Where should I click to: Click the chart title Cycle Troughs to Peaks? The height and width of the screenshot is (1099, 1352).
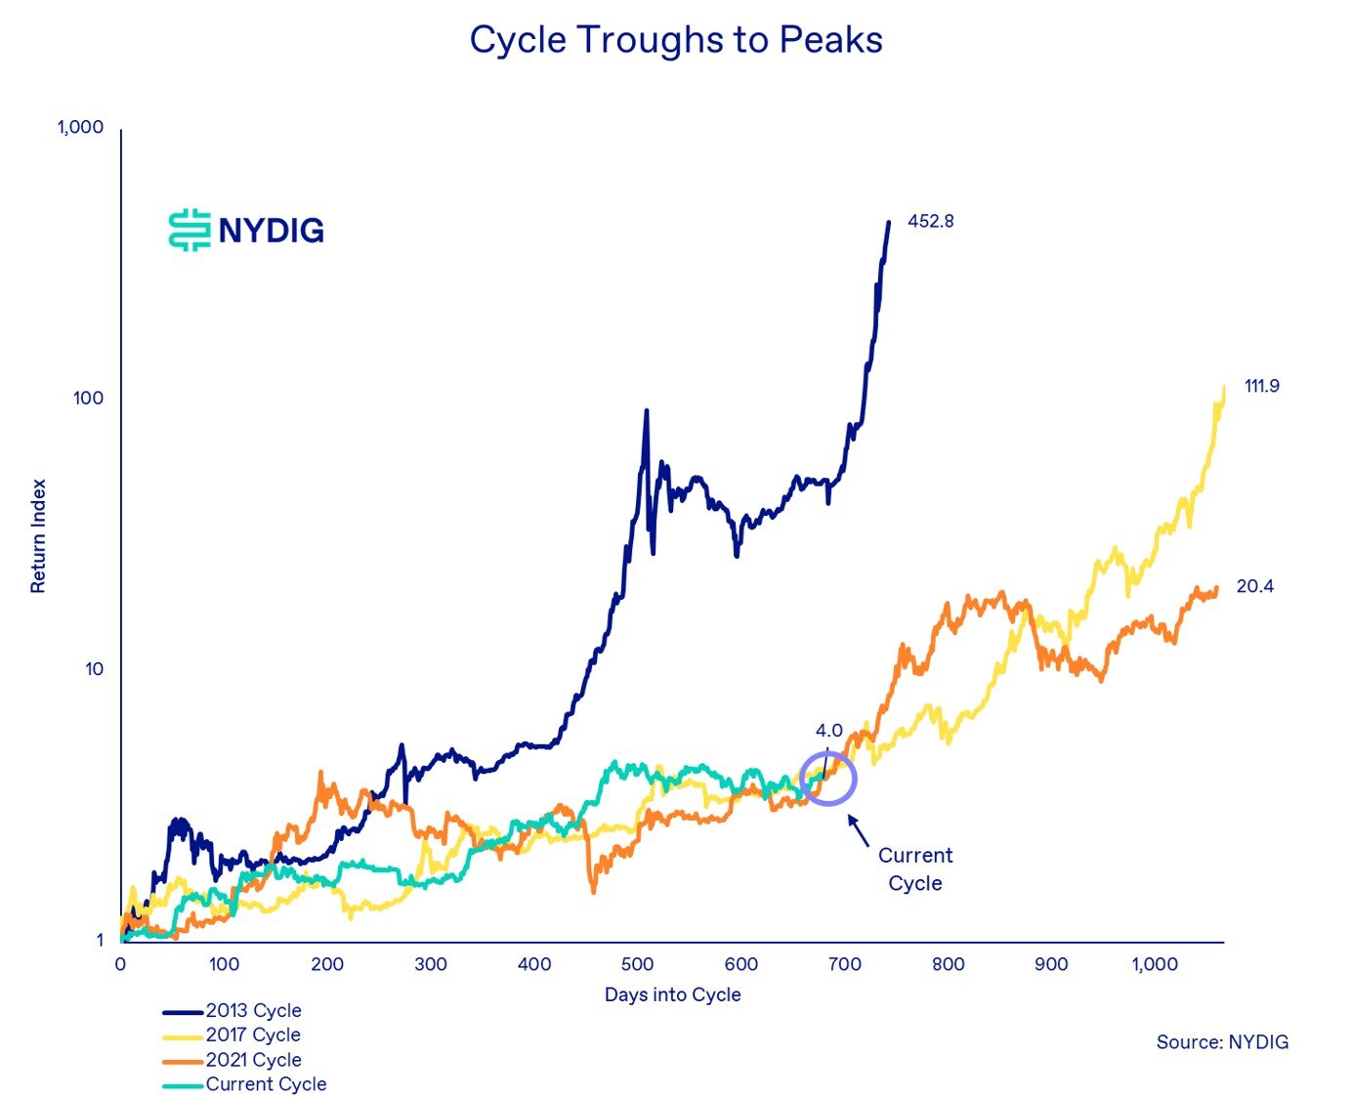(x=676, y=40)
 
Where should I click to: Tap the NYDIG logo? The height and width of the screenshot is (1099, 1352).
(x=246, y=230)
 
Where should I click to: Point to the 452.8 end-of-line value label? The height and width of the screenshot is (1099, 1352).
(x=930, y=221)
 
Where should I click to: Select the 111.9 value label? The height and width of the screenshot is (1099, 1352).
(x=1261, y=386)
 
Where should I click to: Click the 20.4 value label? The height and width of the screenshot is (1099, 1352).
(x=1254, y=586)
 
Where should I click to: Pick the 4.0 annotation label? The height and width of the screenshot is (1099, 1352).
(x=828, y=730)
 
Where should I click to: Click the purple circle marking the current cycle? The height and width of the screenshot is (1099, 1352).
(x=828, y=778)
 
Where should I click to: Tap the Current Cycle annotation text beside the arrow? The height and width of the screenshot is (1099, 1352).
(x=915, y=868)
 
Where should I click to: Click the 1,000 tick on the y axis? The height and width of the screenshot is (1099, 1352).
(x=80, y=127)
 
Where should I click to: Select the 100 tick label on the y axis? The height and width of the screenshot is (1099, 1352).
(x=88, y=399)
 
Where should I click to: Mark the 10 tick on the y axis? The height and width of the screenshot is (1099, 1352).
(x=94, y=669)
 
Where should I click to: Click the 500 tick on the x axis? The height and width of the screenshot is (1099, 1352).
(x=637, y=964)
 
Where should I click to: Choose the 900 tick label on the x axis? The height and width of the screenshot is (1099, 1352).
(x=1051, y=964)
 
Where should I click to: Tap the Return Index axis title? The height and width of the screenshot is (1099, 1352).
(x=38, y=535)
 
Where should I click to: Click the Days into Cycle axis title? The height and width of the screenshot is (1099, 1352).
(x=672, y=994)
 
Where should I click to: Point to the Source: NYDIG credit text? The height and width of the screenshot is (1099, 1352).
(x=1222, y=1041)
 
